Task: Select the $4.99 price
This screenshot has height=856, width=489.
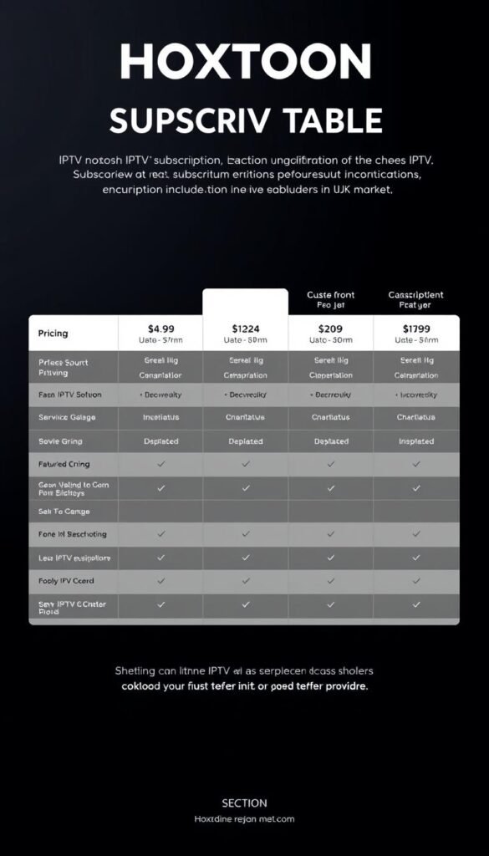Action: (x=160, y=328)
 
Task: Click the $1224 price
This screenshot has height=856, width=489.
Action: (x=246, y=329)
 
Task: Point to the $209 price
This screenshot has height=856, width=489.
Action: (x=331, y=329)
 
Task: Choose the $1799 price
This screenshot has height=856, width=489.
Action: (x=416, y=329)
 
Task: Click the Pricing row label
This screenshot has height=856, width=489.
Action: (x=53, y=334)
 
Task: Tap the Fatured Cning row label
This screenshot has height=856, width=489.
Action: (x=64, y=464)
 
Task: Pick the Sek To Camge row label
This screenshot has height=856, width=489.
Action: (x=64, y=511)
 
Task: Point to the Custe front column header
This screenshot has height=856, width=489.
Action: (x=331, y=295)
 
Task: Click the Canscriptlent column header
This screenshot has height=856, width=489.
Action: (x=415, y=295)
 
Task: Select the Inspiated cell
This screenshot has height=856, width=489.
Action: (x=416, y=441)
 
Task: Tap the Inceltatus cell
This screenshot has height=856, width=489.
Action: (x=160, y=417)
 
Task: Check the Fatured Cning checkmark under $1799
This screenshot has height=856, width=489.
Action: (x=416, y=464)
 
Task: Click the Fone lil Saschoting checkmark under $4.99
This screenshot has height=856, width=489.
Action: (x=160, y=534)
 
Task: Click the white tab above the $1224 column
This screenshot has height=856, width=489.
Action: (x=246, y=302)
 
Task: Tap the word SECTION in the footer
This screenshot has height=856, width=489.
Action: (x=244, y=803)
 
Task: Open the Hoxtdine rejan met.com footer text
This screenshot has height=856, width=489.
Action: (x=244, y=819)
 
